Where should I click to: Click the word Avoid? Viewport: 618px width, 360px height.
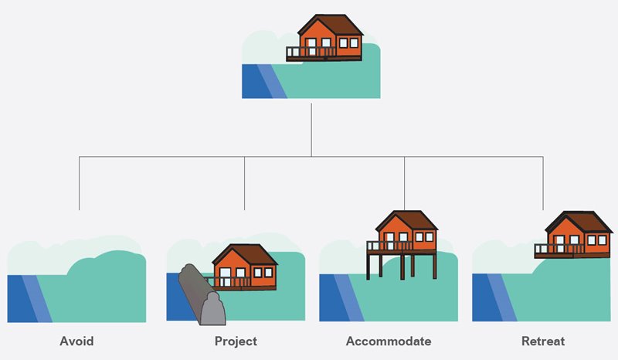76,341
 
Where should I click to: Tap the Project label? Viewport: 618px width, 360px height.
236,341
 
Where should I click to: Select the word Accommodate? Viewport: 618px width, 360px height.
389,341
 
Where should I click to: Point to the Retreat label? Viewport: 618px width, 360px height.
543,341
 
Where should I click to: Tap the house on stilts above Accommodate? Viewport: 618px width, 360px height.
402,244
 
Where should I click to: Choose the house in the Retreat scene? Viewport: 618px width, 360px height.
574,235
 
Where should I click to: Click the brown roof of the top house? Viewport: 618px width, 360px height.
331,25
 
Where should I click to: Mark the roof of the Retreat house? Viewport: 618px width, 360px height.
579,222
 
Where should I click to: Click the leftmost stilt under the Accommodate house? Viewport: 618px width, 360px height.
368,267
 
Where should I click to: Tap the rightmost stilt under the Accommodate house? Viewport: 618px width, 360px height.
434,267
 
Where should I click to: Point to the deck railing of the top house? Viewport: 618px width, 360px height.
311,52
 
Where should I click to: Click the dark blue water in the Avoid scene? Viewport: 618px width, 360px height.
22,298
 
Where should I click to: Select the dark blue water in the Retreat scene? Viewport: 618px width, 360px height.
487,297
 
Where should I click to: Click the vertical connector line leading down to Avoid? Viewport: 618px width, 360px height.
80,183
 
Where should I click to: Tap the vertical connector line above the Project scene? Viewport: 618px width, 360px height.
244,183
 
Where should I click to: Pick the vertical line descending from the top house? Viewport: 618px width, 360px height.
311,130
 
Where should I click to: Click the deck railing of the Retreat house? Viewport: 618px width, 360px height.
559,249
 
